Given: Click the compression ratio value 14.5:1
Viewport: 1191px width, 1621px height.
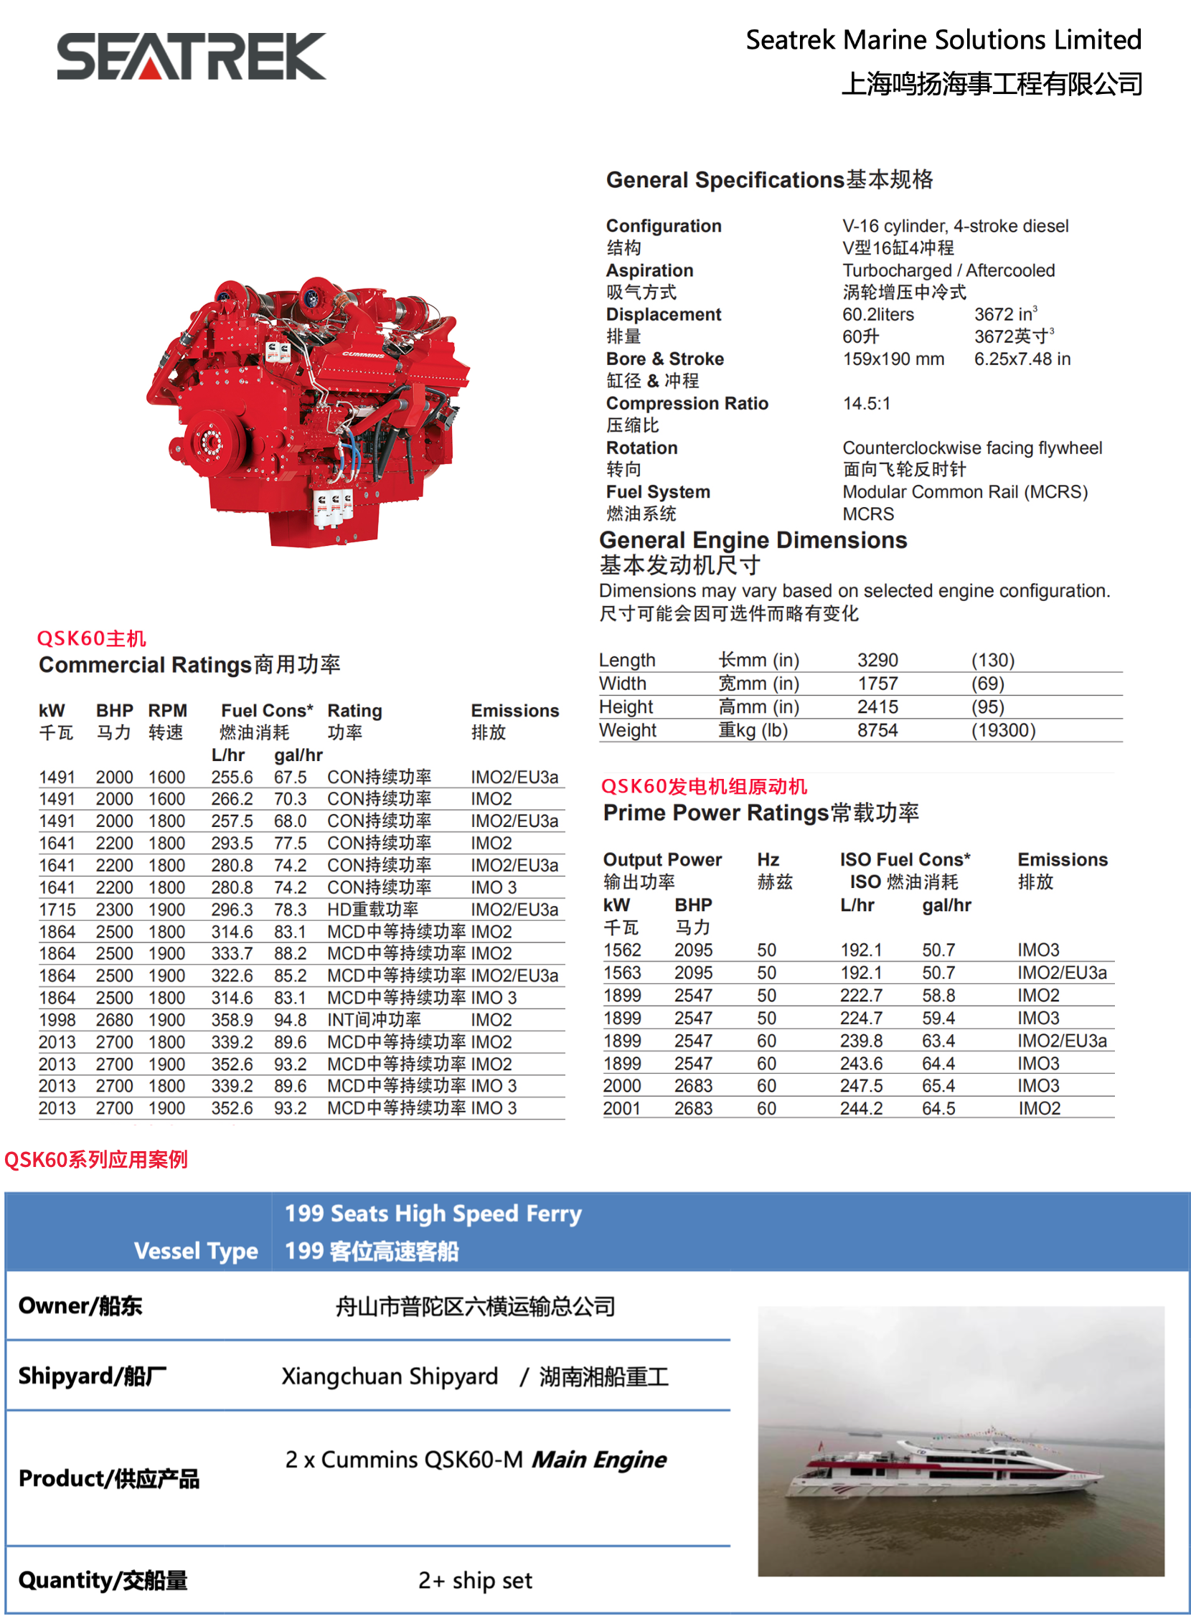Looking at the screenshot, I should click(x=867, y=404).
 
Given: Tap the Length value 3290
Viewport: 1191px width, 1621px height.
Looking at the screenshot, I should click(x=877, y=660).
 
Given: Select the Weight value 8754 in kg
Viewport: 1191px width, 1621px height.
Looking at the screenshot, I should click(x=877, y=730).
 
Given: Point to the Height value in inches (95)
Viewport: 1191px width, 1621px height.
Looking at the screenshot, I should click(x=987, y=707).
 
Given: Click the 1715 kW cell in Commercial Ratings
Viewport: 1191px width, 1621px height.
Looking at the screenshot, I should click(x=57, y=909).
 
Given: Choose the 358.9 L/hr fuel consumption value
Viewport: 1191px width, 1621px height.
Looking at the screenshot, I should click(x=232, y=1020).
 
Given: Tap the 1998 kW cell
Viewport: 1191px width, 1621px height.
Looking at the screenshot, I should click(x=57, y=1020).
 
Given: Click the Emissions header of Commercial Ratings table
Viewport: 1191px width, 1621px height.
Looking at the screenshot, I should click(x=514, y=711).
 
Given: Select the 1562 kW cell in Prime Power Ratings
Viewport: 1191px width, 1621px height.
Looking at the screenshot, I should click(x=621, y=950).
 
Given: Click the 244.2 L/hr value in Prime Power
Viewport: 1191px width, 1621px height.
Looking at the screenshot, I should click(x=861, y=1109).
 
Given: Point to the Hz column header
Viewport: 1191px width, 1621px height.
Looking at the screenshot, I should click(x=768, y=860).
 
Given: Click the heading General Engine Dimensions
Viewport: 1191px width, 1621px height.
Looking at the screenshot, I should click(x=753, y=541).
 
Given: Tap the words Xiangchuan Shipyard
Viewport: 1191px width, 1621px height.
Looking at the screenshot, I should click(x=390, y=1376).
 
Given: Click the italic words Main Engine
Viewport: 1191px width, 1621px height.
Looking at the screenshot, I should click(x=598, y=1460).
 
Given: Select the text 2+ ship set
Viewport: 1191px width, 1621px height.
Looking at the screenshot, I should click(x=475, y=1581).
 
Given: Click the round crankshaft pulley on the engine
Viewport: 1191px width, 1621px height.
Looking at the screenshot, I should click(x=210, y=441).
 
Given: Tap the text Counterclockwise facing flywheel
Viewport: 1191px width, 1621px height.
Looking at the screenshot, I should click(x=972, y=448).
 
